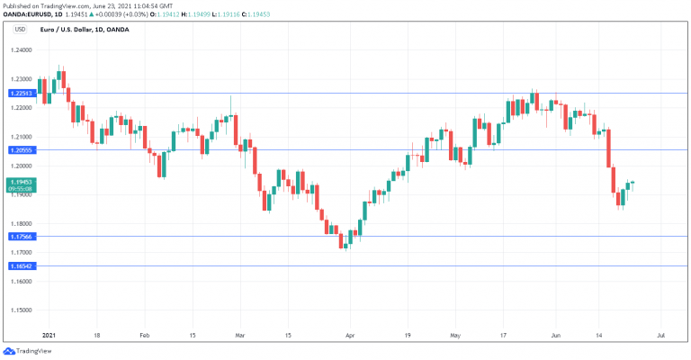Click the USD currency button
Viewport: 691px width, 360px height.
click(20, 30)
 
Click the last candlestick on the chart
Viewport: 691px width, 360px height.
click(633, 183)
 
